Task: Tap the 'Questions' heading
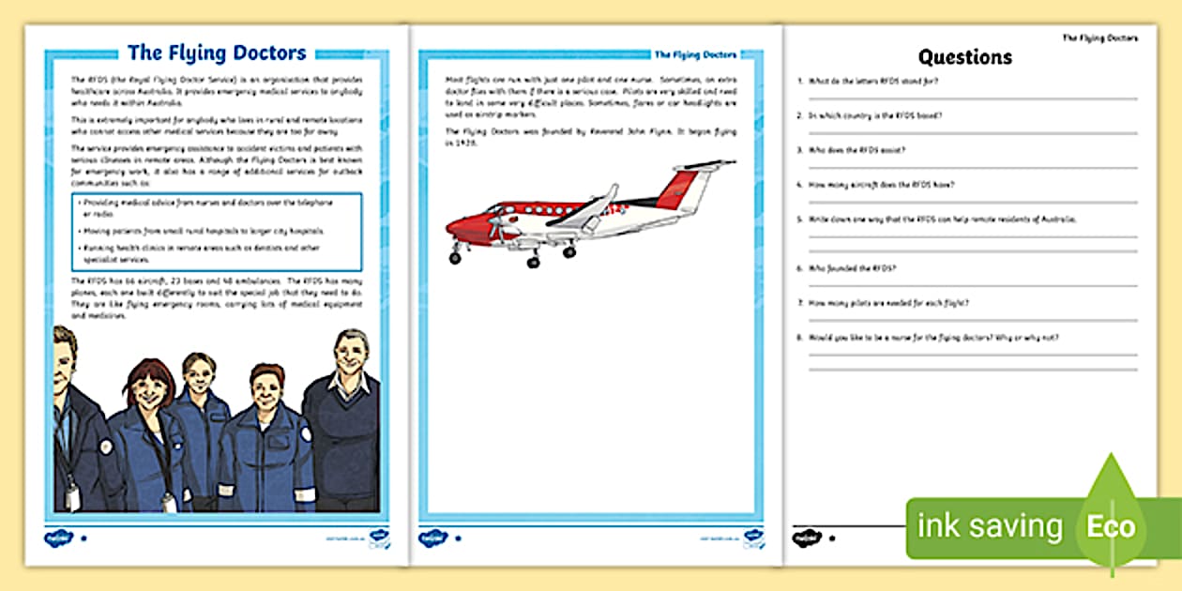pos(964,56)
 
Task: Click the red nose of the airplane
pos(456,227)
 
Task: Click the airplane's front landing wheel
pos(456,256)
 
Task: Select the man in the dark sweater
pos(341,413)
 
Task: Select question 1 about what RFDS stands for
pos(868,81)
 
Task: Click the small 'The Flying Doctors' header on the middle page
pos(694,54)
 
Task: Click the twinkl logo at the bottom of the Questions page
pos(807,538)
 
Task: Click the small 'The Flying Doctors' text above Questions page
pos(1099,38)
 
